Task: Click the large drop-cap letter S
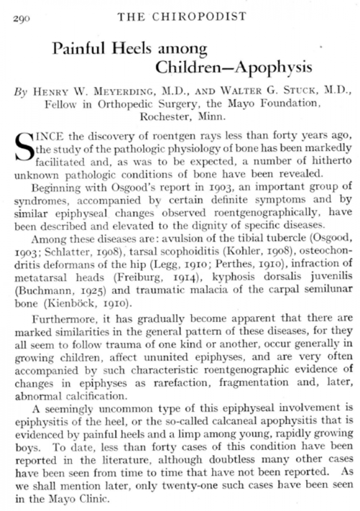tap(24, 148)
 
